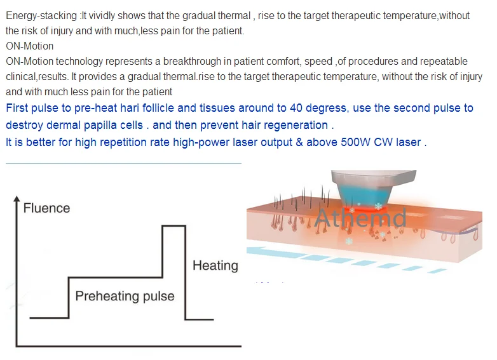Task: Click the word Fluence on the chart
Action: click(x=46, y=208)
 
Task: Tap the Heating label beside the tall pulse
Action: click(x=215, y=265)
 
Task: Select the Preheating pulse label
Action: click(x=125, y=296)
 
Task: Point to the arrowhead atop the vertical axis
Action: click(x=17, y=199)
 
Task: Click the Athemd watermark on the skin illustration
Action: click(x=361, y=218)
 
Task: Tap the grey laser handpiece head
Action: click(x=374, y=178)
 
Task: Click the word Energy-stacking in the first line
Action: click(x=41, y=16)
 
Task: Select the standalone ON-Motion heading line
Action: click(x=29, y=46)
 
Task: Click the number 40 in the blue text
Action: click(x=296, y=108)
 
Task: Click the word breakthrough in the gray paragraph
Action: click(x=192, y=62)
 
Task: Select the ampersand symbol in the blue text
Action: click(x=299, y=142)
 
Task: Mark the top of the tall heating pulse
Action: click(x=174, y=226)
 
